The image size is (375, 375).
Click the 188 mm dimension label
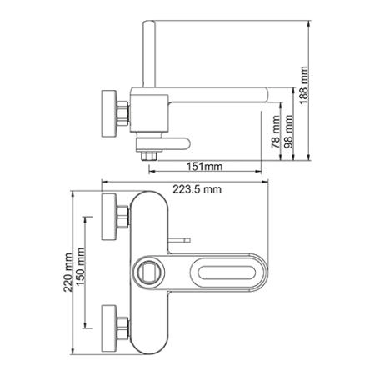[x=304, y=85]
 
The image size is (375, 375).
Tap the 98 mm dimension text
[x=289, y=132]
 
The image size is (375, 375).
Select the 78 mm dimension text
[x=276, y=132]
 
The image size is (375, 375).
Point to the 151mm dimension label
[x=204, y=167]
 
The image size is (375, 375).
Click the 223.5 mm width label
[x=197, y=189]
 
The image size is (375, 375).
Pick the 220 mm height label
[x=67, y=272]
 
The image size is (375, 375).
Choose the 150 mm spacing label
[x=81, y=267]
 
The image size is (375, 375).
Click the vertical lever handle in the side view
[x=149, y=54]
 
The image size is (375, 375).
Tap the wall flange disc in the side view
[x=109, y=113]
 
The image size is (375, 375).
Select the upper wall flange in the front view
[x=109, y=217]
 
